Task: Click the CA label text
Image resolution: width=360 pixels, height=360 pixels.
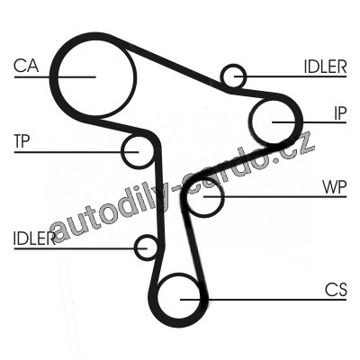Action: pyautogui.click(x=26, y=66)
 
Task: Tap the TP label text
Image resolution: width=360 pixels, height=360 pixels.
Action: pyautogui.click(x=22, y=141)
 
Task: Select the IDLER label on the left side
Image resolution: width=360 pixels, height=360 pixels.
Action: pyautogui.click(x=34, y=238)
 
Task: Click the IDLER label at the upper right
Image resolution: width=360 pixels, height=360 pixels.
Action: pyautogui.click(x=325, y=67)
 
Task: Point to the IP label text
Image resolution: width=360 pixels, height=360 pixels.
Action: pyautogui.click(x=340, y=113)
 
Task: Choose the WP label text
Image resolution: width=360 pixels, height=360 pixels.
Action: pyautogui.click(x=335, y=187)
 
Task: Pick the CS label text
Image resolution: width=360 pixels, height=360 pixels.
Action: pyautogui.click(x=336, y=290)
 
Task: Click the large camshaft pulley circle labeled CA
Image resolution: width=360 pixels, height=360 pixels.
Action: pyautogui.click(x=133, y=75)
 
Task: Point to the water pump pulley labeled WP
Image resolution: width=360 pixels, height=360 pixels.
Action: pyautogui.click(x=222, y=196)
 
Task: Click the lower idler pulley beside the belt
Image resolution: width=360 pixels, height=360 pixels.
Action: pyautogui.click(x=136, y=247)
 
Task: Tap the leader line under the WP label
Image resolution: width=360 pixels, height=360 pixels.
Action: pyautogui.click(x=275, y=197)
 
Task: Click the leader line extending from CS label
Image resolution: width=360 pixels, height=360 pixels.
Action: pyautogui.click(x=264, y=300)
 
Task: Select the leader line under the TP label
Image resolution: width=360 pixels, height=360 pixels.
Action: pyautogui.click(x=76, y=152)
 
